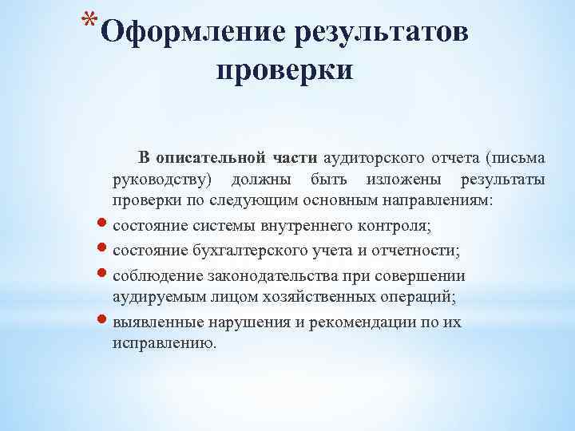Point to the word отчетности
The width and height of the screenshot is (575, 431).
tap(414, 251)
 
